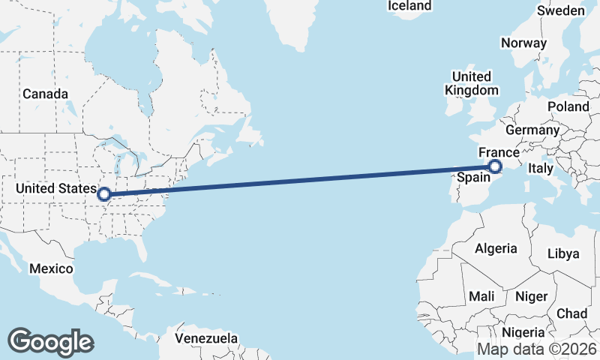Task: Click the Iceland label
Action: [x=409, y=6]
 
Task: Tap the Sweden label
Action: [x=561, y=10]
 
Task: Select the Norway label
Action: [x=523, y=43]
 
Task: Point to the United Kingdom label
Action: [x=471, y=83]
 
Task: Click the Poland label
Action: [x=568, y=106]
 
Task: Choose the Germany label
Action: [x=532, y=130]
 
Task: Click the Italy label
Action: [x=541, y=168]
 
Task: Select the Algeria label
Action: [x=496, y=248]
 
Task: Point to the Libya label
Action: [x=564, y=253]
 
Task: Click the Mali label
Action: [x=481, y=296]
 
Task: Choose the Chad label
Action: [x=572, y=313]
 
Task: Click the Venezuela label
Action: [x=206, y=338]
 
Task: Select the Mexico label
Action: [x=51, y=268]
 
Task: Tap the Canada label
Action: [x=45, y=94]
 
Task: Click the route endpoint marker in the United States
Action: [x=104, y=194]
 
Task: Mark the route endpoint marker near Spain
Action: [x=495, y=166]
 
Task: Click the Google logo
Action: [x=50, y=341]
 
